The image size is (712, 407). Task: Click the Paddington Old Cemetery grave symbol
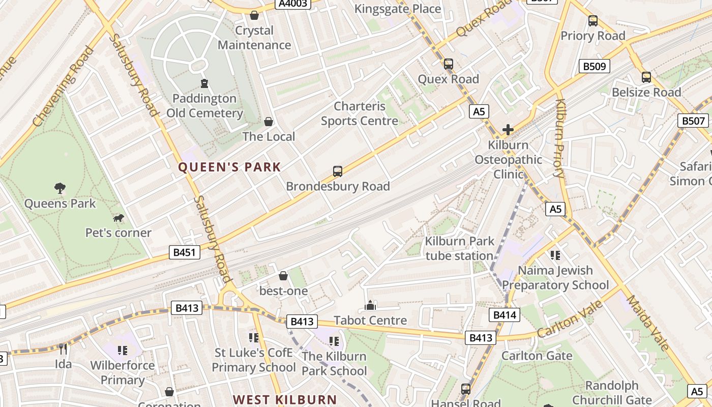point(204,83)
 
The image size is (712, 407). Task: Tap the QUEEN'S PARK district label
point(229,167)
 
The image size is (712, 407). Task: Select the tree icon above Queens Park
point(60,188)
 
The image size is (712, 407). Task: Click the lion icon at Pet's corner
point(118,218)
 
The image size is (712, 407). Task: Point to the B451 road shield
point(184,252)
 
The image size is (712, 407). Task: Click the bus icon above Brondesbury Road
point(338,171)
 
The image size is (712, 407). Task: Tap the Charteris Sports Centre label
point(360,113)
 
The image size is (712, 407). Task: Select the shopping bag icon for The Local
point(269,122)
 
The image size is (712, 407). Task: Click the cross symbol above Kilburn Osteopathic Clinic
point(508,130)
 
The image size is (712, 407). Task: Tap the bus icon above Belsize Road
point(646,77)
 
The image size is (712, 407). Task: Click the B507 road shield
point(694,121)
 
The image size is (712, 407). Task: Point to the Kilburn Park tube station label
point(459,248)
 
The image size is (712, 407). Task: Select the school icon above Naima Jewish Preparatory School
point(555,255)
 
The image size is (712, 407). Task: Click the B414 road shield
point(505,315)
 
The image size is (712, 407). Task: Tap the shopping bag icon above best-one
point(283,276)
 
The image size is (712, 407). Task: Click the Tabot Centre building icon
point(370,305)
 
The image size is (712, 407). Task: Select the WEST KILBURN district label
point(285,399)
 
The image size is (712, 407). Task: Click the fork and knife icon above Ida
point(63,349)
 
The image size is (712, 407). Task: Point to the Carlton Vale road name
point(570,319)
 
